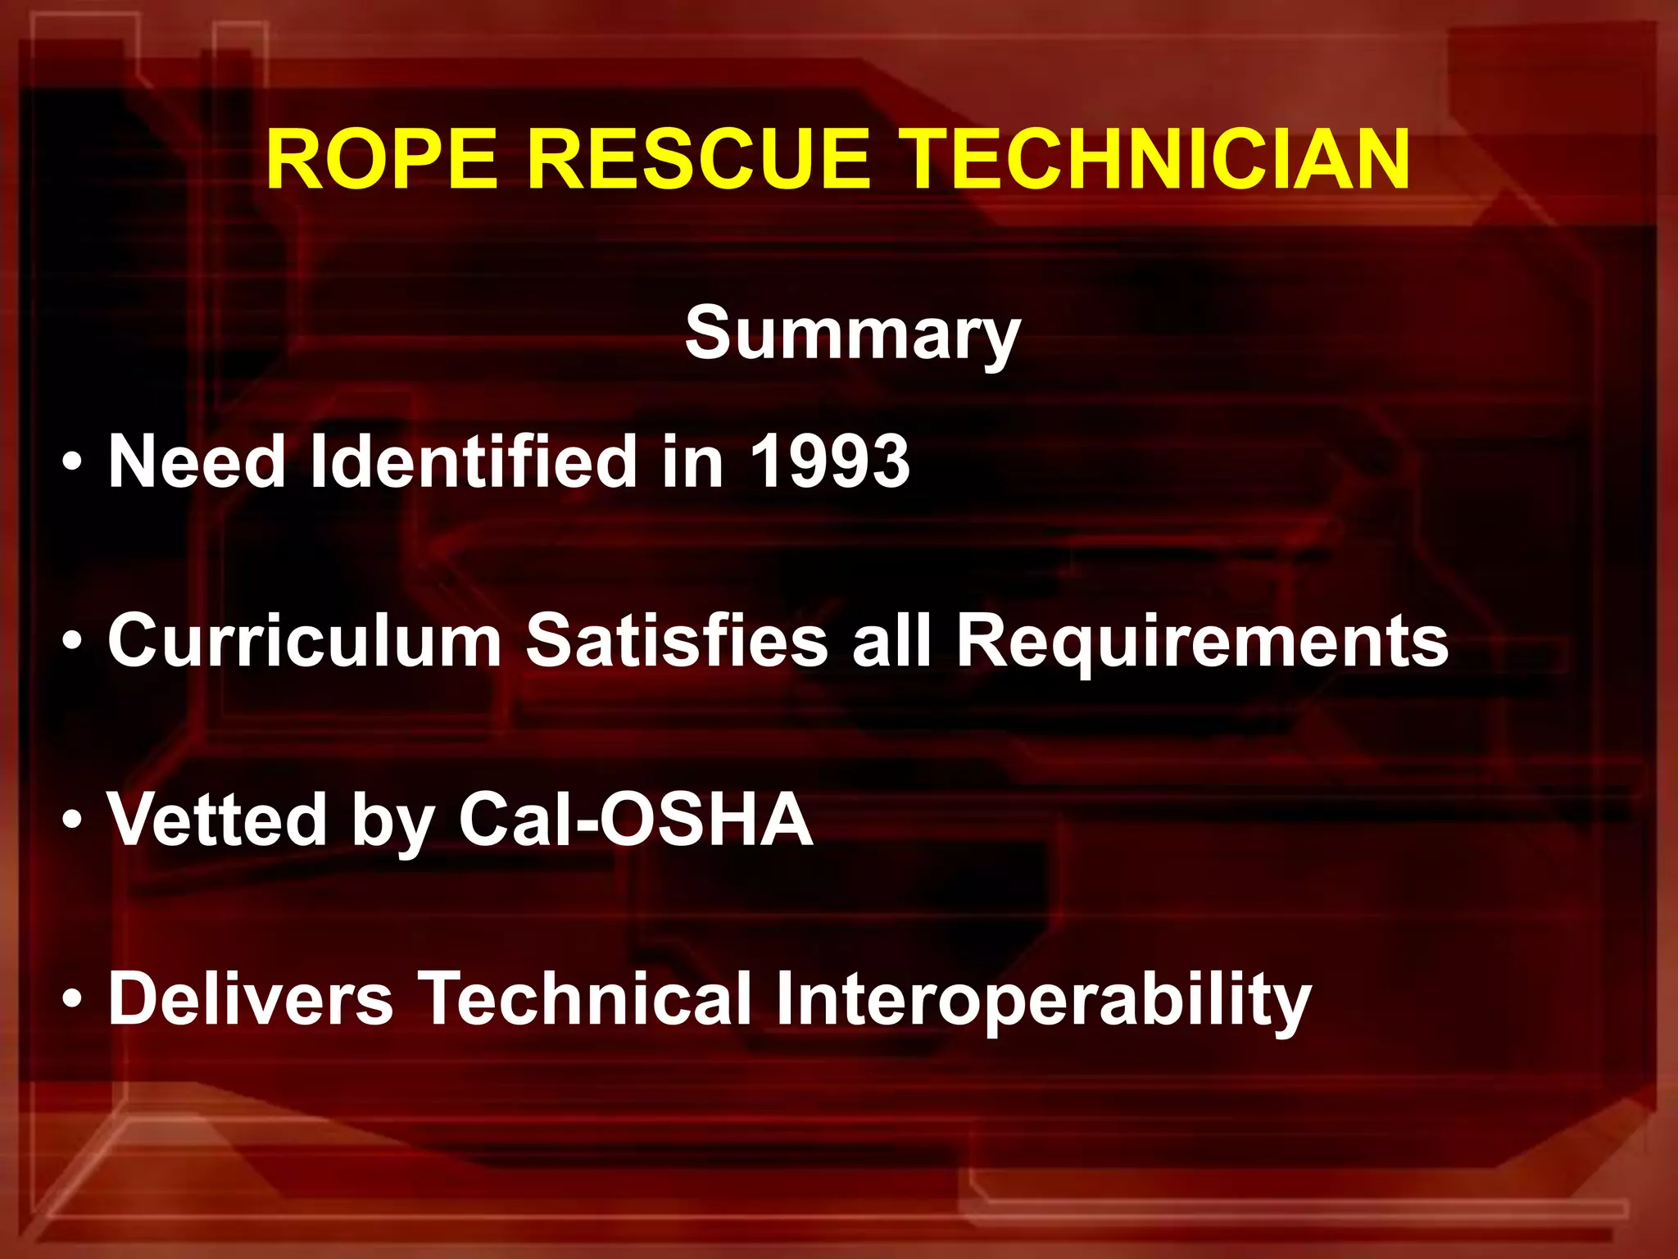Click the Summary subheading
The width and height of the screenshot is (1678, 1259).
(x=852, y=332)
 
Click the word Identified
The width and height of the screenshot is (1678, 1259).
(x=474, y=461)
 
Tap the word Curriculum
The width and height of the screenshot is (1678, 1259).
(x=304, y=640)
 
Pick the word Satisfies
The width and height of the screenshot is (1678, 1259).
(x=676, y=640)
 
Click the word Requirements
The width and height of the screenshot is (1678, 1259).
(x=1202, y=640)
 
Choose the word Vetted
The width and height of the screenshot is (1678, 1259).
(x=217, y=819)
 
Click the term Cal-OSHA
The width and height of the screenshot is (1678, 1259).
(x=636, y=819)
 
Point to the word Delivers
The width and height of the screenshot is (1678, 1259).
(x=251, y=998)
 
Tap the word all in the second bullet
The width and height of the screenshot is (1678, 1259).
(x=891, y=640)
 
